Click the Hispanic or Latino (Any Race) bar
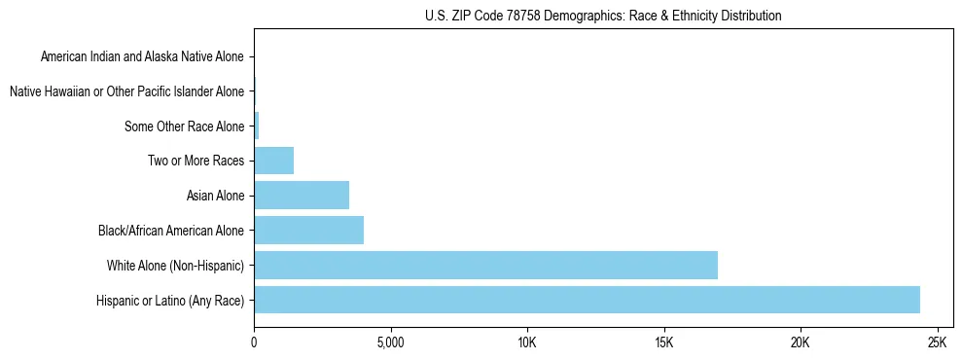pyautogui.click(x=587, y=300)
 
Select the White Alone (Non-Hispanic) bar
pyautogui.click(x=485, y=265)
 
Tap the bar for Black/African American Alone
pyautogui.click(x=308, y=231)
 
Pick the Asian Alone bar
pyautogui.click(x=302, y=196)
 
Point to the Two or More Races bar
pyautogui.click(x=273, y=161)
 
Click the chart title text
pyautogui.click(x=603, y=16)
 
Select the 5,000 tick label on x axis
pyautogui.click(x=390, y=343)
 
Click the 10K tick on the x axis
pyautogui.click(x=527, y=343)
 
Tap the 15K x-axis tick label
pyautogui.click(x=664, y=343)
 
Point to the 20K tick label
pyautogui.click(x=801, y=343)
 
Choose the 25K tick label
pyautogui.click(x=938, y=343)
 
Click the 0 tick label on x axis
pyautogui.click(x=254, y=343)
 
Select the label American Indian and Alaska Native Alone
pyautogui.click(x=143, y=56)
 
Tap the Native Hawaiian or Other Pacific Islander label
pyautogui.click(x=126, y=91)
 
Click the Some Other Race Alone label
pyautogui.click(x=185, y=126)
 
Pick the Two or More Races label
pyautogui.click(x=196, y=161)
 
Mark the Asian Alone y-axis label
pyautogui.click(x=215, y=196)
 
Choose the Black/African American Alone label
pyautogui.click(x=171, y=231)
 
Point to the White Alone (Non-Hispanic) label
pyautogui.click(x=175, y=265)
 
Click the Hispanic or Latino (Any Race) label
pyautogui.click(x=170, y=300)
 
